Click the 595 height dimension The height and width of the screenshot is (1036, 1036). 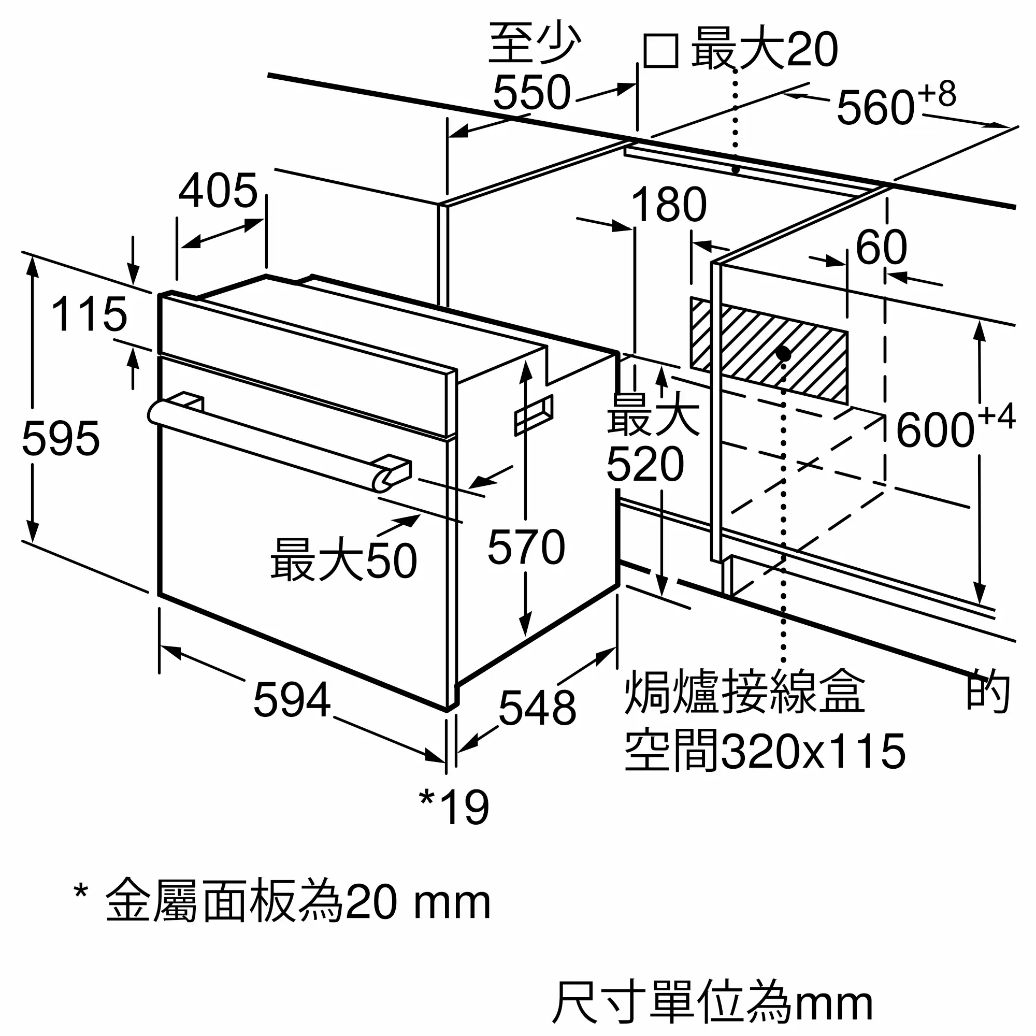pyautogui.click(x=61, y=439)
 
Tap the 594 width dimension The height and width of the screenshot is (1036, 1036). pyautogui.click(x=292, y=700)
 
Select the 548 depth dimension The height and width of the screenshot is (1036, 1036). pyautogui.click(x=537, y=708)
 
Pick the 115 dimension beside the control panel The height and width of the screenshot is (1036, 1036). pyautogui.click(x=89, y=314)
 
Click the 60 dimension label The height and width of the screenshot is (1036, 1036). pyautogui.click(x=881, y=247)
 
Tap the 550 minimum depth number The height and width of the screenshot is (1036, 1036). pyautogui.click(x=531, y=93)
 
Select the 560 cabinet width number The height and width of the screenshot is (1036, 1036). pyautogui.click(x=875, y=108)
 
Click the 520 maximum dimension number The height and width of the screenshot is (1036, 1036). pyautogui.click(x=645, y=464)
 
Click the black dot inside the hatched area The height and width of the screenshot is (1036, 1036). pyautogui.click(x=783, y=353)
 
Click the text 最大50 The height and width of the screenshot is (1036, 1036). pyautogui.click(x=344, y=560)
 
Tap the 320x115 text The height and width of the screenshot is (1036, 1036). pyautogui.click(x=813, y=752)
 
